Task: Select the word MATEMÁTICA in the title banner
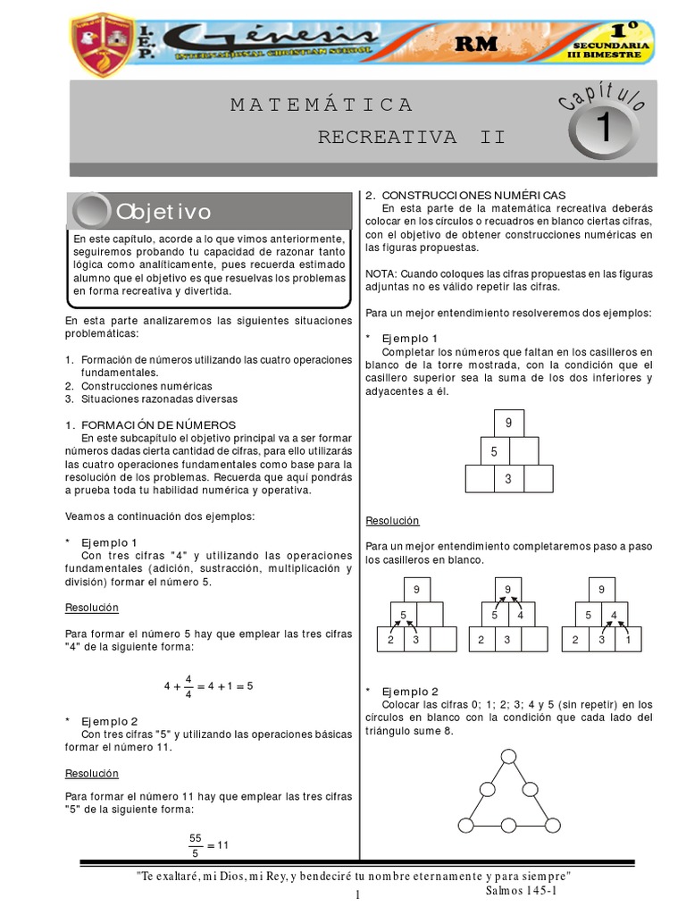[322, 105]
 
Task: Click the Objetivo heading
[163, 212]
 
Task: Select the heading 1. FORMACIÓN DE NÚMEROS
[150, 424]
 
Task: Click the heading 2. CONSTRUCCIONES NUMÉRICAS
[465, 195]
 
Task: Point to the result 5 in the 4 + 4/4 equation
[250, 686]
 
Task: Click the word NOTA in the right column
[381, 273]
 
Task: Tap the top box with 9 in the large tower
[508, 423]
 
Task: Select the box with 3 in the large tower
[508, 479]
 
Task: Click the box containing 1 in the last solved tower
[628, 639]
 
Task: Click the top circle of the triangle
[508, 758]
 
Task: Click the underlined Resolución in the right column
[392, 520]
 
